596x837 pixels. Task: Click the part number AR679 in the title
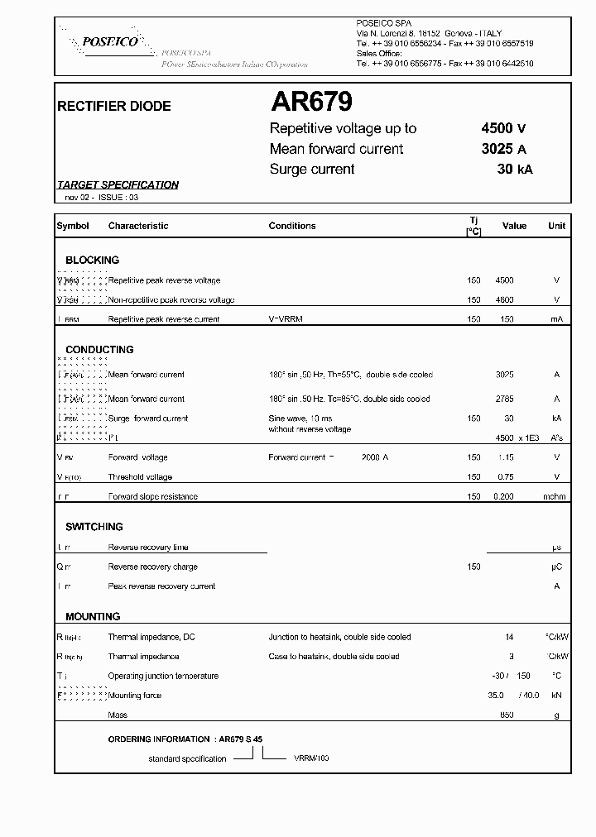click(x=312, y=102)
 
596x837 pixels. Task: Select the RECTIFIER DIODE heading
click(x=113, y=107)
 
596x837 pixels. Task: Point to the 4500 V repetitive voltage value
click(x=503, y=128)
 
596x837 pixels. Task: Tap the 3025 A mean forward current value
click(x=503, y=149)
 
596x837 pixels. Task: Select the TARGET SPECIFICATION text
click(x=118, y=185)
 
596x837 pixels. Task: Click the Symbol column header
click(x=72, y=226)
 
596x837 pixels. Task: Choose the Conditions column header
click(x=292, y=226)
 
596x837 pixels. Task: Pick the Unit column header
click(x=556, y=226)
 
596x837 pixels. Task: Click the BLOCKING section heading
click(x=93, y=260)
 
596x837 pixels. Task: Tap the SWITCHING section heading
click(x=94, y=527)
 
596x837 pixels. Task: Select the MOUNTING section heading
click(x=93, y=617)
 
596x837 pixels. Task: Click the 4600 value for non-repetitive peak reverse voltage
click(x=504, y=300)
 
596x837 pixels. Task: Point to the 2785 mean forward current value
click(x=504, y=399)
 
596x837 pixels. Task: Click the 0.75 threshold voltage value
click(x=504, y=477)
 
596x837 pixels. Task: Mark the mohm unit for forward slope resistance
click(x=555, y=497)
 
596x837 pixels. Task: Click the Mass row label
click(x=118, y=715)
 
